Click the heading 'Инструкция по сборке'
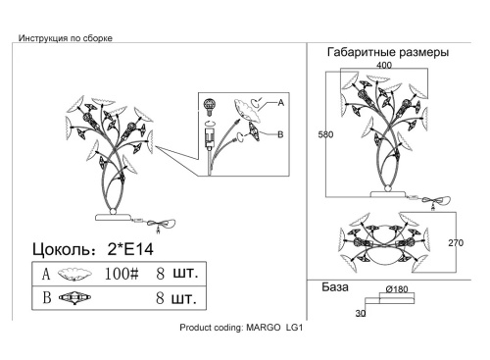coord(66,38)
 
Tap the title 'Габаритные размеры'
coord(388,52)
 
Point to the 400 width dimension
coord(384,65)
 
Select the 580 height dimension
coord(325,134)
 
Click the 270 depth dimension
coord(456,243)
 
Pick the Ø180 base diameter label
coord(397,289)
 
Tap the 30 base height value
coord(361,313)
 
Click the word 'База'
coord(335,287)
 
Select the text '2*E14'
coord(130,249)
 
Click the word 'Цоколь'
coord(61,250)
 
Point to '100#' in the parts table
coord(122,274)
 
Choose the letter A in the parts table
coord(46,274)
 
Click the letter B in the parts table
coord(47,297)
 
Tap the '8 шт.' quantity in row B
coord(176,298)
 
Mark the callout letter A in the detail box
coord(281,103)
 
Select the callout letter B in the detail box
coord(280,134)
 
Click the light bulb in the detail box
coord(209,107)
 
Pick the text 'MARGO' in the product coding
coord(263,328)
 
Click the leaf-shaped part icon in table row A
coord(74,274)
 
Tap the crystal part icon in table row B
coord(74,298)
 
